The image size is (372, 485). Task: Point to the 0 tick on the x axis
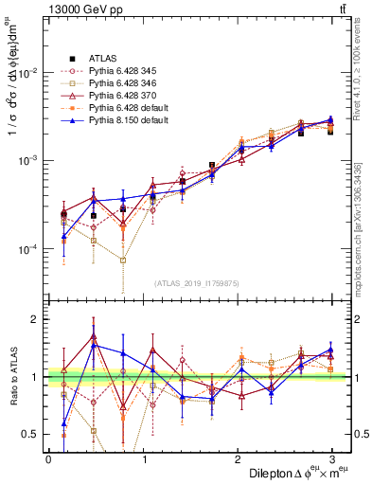pyautogui.click(x=48, y=458)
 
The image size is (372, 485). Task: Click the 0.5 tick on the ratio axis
pyautogui.click(x=30, y=435)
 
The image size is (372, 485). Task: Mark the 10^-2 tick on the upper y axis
pyautogui.click(x=26, y=73)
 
